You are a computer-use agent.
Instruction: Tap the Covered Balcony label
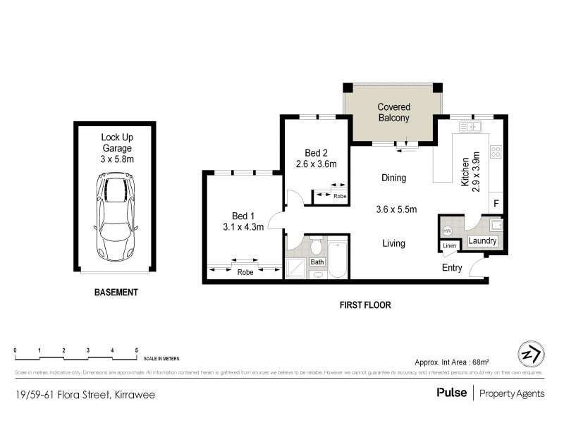pos(393,112)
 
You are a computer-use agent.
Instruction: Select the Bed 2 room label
pos(317,152)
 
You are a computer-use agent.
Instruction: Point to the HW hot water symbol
pos(447,231)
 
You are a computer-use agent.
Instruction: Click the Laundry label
pos(483,241)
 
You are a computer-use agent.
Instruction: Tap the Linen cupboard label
pos(448,246)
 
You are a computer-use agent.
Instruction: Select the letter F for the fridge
pos(496,204)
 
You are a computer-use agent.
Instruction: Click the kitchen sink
pos(470,127)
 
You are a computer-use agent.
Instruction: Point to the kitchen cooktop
pos(496,152)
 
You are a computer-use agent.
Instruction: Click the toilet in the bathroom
pos(317,247)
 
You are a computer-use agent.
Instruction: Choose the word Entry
pos(452,268)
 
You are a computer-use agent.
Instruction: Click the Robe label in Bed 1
pos(245,271)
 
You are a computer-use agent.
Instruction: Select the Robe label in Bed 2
pos(340,195)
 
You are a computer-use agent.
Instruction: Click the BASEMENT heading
pos(117,292)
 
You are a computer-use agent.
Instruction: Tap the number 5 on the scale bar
pos(136,350)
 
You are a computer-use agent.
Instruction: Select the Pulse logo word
pos(451,393)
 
